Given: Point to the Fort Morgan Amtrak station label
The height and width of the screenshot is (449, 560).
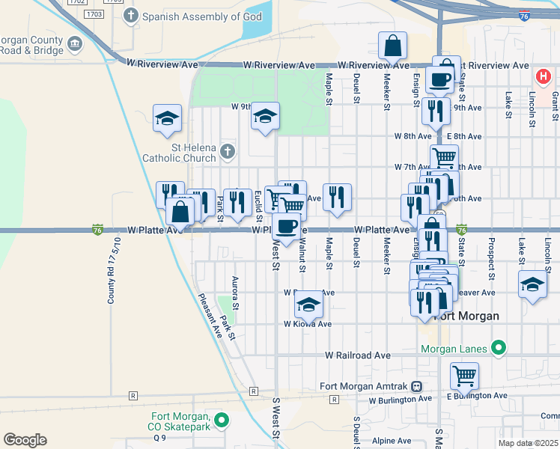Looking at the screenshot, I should point(363,386).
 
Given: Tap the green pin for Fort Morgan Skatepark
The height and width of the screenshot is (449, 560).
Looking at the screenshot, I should point(221,421).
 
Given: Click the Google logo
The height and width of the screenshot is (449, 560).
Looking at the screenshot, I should point(25,440).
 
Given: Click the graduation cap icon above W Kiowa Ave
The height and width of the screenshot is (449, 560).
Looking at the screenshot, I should point(308,304).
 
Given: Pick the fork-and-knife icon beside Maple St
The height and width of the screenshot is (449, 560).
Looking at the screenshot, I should point(337,197).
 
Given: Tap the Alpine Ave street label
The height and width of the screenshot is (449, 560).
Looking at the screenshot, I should point(392,441).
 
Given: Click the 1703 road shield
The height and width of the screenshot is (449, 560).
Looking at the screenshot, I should point(94,14).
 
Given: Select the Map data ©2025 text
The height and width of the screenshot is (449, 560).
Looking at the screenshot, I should point(528,443).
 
